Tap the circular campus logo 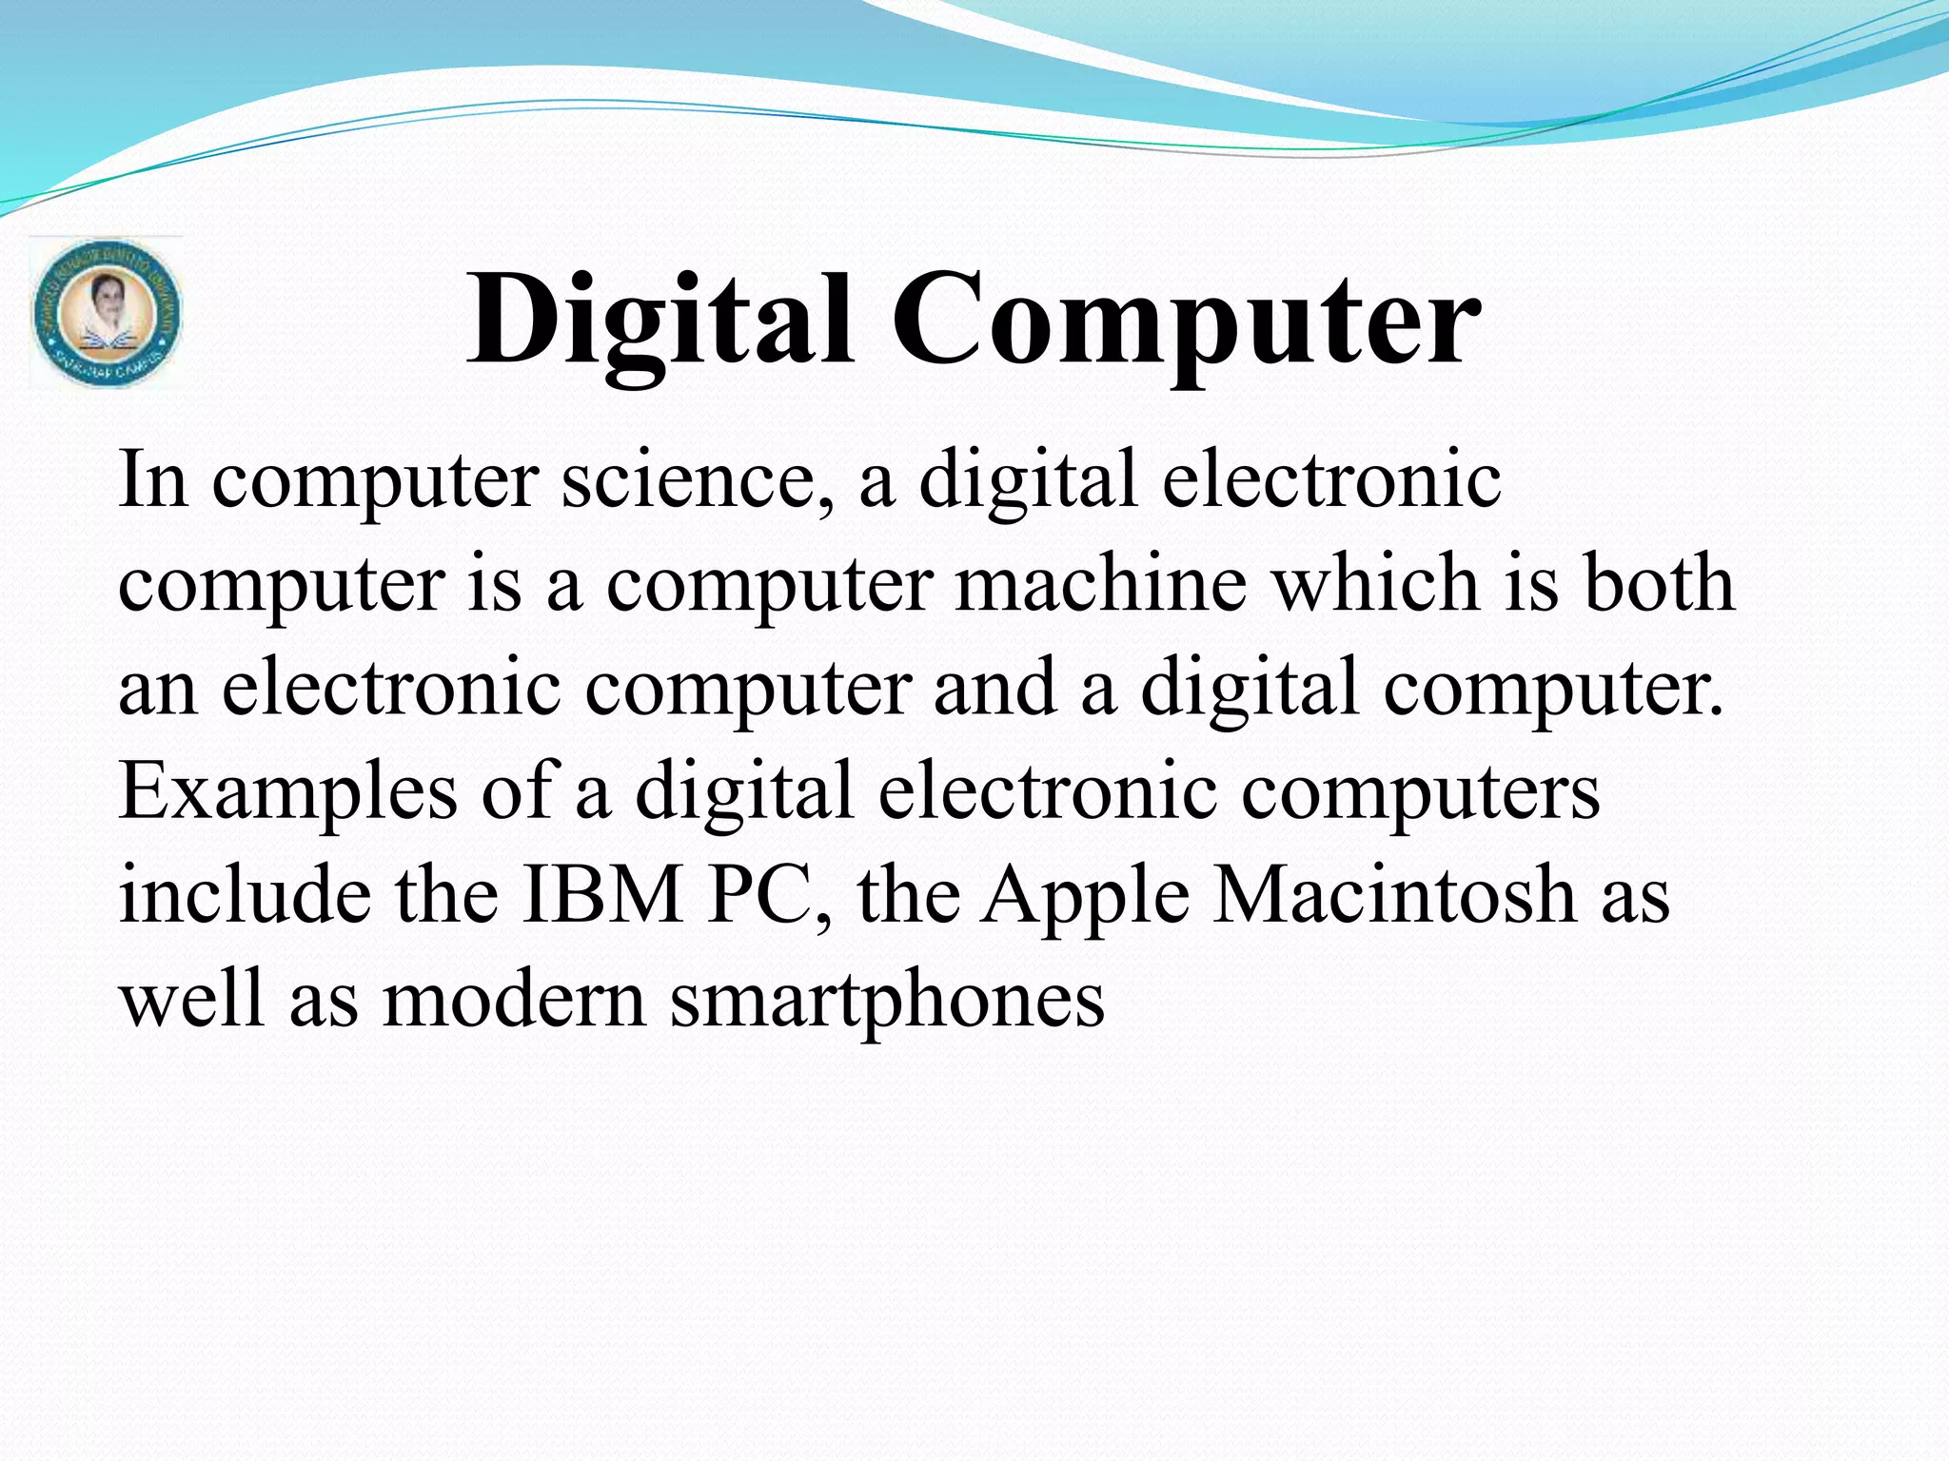[x=106, y=313]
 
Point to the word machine [x=1101, y=583]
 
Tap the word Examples [x=287, y=791]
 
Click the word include [x=245, y=895]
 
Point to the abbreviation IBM [x=602, y=895]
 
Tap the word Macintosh [x=1394, y=895]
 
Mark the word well [x=190, y=1000]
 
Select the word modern [x=514, y=1000]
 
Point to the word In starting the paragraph [x=152, y=478]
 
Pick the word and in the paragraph [x=994, y=687]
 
